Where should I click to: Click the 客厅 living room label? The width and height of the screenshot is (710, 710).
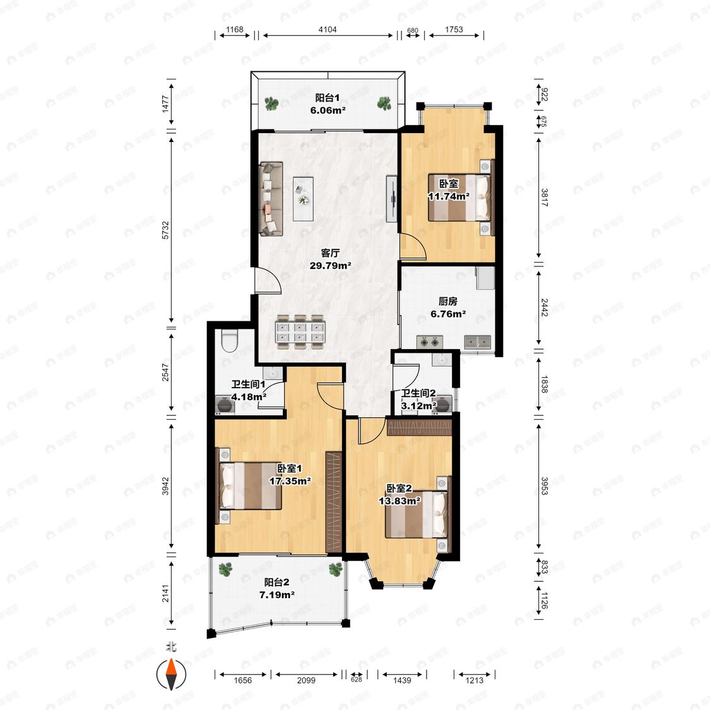(330, 253)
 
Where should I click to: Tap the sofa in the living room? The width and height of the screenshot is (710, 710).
(271, 199)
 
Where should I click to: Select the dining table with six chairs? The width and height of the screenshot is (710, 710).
(300, 332)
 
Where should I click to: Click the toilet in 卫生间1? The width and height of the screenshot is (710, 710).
(230, 341)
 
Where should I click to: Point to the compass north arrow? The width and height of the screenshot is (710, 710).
(171, 674)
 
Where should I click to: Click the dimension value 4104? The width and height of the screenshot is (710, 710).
(328, 30)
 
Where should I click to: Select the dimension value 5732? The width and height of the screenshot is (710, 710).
(165, 230)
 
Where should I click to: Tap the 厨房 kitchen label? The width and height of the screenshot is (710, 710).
(448, 301)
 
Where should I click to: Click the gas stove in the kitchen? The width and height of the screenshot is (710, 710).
(429, 342)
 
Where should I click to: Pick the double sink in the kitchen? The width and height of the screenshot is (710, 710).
(478, 342)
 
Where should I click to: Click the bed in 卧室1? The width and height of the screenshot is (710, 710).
(250, 485)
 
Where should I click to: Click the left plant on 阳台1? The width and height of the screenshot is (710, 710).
(271, 104)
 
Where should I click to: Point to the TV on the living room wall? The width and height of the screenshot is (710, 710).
(393, 199)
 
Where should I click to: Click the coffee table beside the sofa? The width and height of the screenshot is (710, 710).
(303, 199)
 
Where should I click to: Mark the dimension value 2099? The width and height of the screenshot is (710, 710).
(306, 680)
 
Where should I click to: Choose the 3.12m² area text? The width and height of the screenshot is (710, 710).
(419, 406)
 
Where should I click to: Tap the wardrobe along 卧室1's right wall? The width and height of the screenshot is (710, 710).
(334, 502)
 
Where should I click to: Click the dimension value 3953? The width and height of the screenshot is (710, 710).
(544, 486)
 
